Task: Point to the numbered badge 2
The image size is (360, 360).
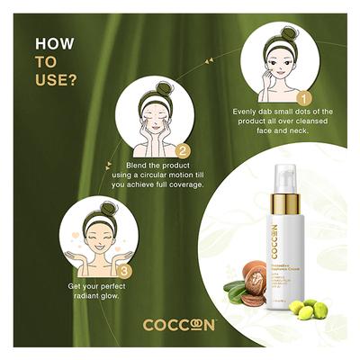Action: [184, 151]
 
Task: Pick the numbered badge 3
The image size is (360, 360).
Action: [125, 267]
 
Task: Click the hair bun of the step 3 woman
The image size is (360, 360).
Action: [101, 206]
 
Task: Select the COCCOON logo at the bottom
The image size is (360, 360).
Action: [180, 325]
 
